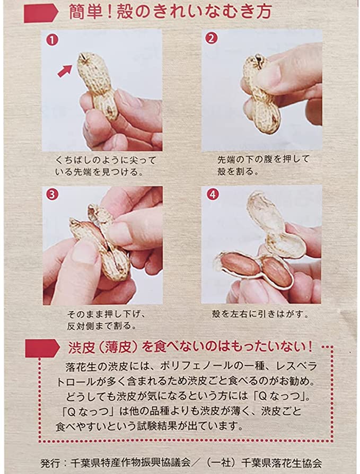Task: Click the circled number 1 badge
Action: click(x=52, y=40)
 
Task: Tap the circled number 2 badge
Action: click(x=212, y=38)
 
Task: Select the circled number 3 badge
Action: click(x=52, y=195)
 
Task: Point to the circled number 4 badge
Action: click(x=213, y=194)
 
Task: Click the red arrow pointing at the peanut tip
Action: click(x=65, y=71)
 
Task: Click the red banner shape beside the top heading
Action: click(x=41, y=13)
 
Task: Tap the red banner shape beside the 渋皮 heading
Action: click(x=42, y=348)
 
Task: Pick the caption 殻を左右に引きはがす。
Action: click(x=260, y=314)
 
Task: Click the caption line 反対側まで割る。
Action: click(x=102, y=326)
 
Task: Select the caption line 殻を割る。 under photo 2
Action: click(x=238, y=171)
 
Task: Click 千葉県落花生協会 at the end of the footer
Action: click(x=281, y=462)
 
